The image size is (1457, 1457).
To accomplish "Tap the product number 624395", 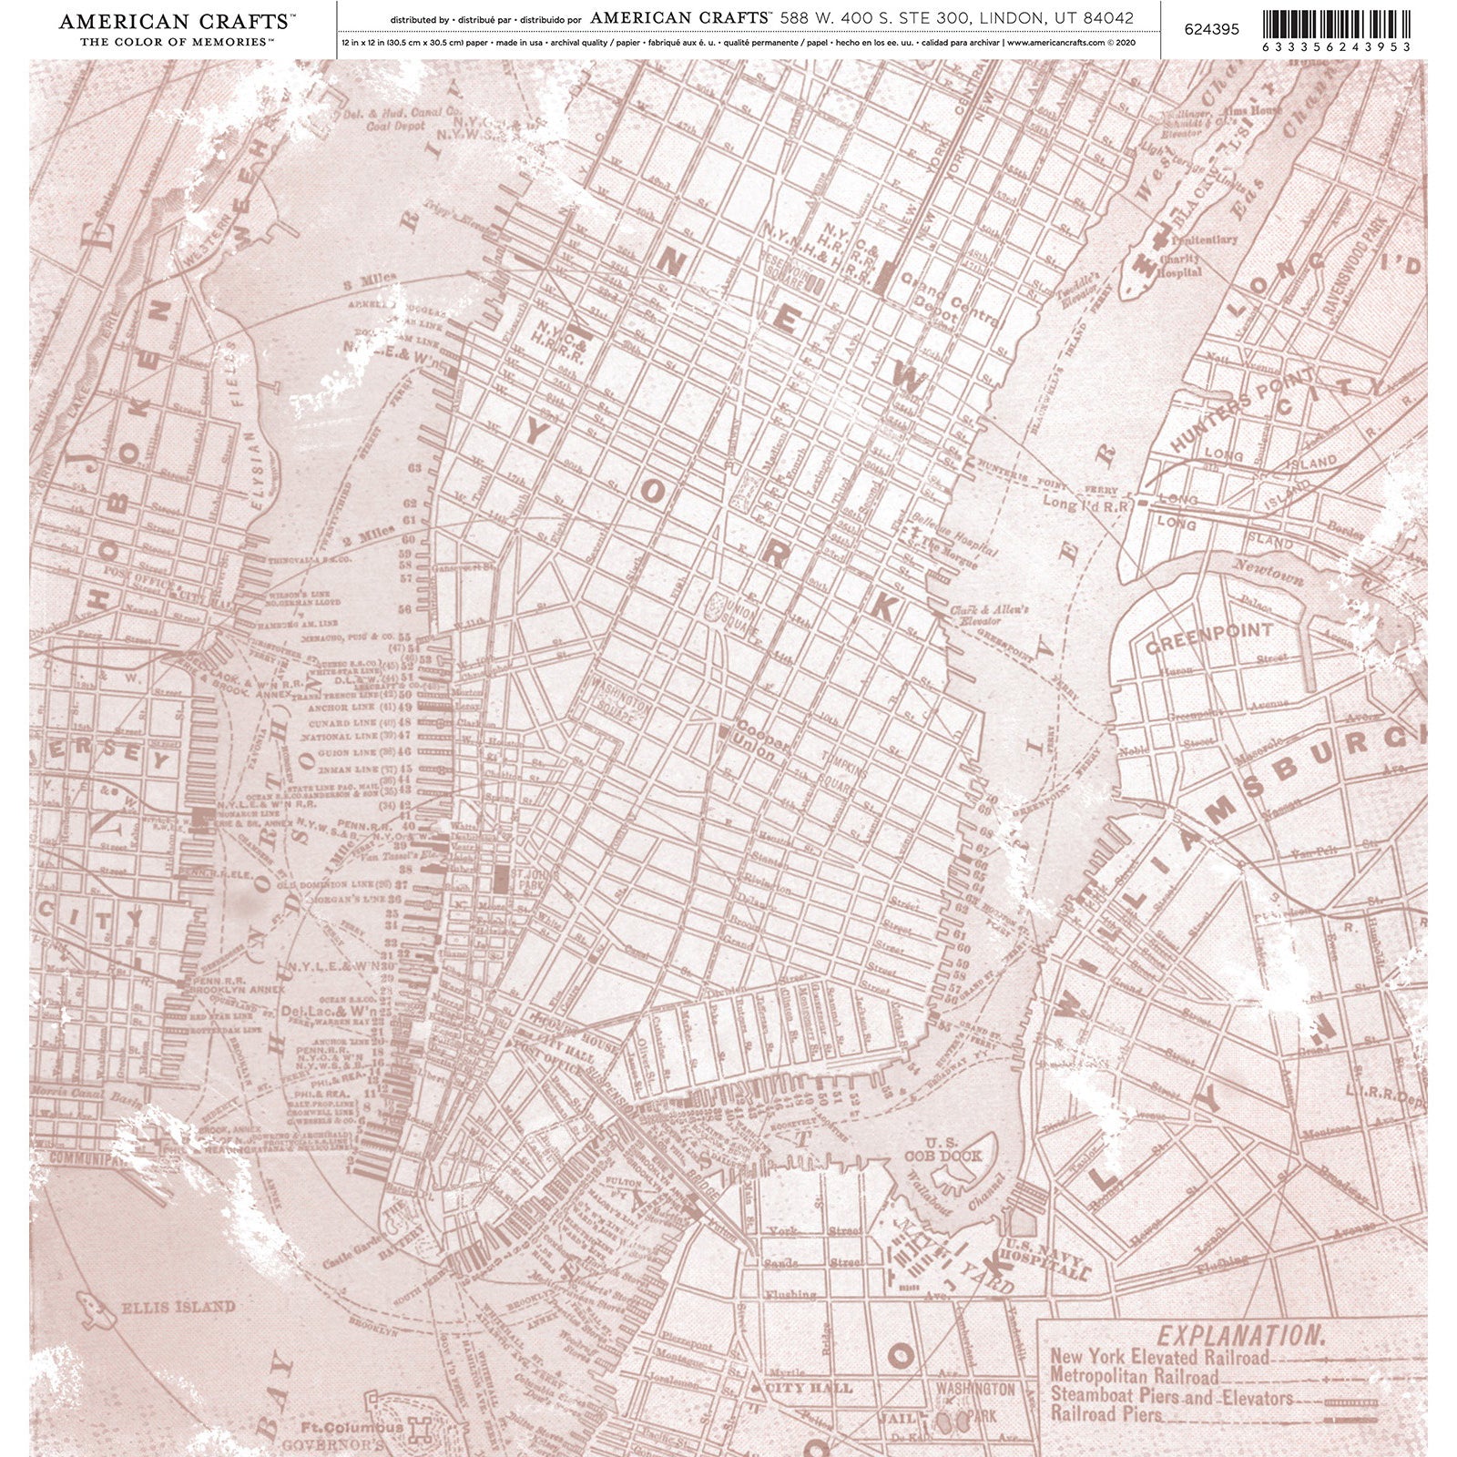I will point(1211,28).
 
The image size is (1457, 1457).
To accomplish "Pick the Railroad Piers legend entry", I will point(1105,1414).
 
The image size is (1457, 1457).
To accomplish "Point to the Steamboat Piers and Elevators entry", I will point(1171,1395).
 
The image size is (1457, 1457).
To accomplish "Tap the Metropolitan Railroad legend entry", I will point(1134,1376).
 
